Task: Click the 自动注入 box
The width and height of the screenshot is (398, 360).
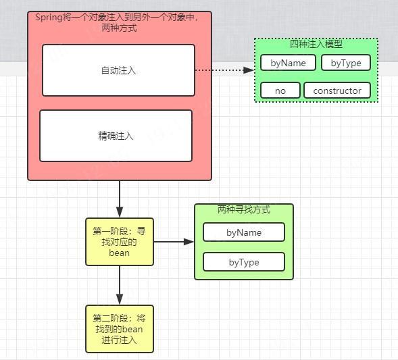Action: click(x=118, y=70)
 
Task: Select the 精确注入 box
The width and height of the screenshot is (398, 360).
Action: click(x=116, y=136)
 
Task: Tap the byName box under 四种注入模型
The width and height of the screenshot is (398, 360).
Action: click(x=288, y=63)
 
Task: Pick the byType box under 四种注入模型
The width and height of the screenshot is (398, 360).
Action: click(x=345, y=63)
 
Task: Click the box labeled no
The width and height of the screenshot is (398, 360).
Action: click(x=280, y=90)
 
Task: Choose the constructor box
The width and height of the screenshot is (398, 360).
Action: click(x=337, y=90)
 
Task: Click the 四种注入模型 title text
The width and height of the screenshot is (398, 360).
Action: click(x=316, y=45)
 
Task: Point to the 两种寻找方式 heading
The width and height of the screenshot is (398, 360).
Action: click(x=244, y=210)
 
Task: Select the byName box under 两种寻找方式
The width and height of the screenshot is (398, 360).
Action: click(x=244, y=232)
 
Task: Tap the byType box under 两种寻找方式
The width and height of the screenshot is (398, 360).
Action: click(x=244, y=262)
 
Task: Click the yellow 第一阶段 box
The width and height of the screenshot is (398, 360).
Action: click(x=120, y=241)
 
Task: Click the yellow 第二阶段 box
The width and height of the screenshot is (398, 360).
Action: click(x=120, y=328)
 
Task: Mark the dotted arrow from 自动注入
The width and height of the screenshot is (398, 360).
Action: click(x=223, y=70)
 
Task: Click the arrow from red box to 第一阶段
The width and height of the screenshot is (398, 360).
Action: click(x=120, y=199)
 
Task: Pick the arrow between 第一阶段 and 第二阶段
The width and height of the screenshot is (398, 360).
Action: click(x=120, y=284)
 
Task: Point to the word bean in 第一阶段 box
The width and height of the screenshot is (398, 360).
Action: click(x=119, y=253)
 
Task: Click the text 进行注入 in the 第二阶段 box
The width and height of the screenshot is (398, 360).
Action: click(x=119, y=340)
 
